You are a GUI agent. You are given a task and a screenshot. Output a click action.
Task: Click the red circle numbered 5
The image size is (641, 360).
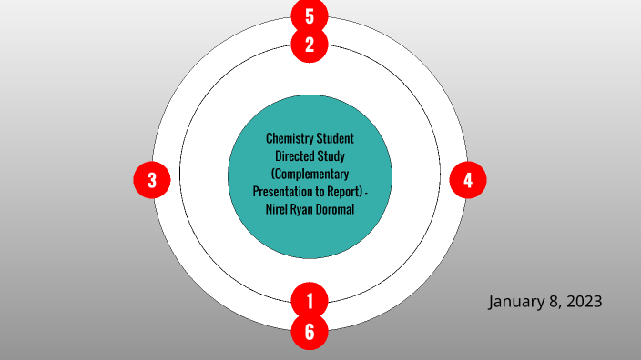pos(310,16)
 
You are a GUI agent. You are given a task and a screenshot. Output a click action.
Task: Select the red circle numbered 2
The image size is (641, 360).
pos(310,45)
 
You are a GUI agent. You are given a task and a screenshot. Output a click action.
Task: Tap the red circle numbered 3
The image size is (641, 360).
pos(152,180)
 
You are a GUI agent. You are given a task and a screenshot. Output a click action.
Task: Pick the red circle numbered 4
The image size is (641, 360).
pos(468,180)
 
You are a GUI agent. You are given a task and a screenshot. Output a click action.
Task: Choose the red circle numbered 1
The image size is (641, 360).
pos(310,299)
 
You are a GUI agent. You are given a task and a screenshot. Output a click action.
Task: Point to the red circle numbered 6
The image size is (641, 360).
pos(310,332)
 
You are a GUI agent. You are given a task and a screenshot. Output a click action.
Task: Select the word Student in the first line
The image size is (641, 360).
pos(335,139)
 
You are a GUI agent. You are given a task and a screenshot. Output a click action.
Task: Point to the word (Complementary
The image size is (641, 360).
pos(310,174)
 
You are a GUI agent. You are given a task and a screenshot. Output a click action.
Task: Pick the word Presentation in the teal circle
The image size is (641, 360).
pos(282,192)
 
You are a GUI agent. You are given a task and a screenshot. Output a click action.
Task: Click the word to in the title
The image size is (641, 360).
pos(321,192)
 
